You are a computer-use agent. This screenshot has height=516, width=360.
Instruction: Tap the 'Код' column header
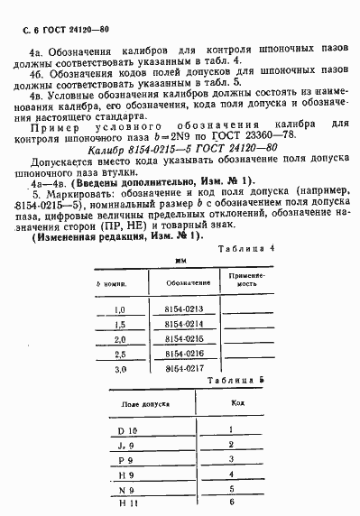click(232, 402)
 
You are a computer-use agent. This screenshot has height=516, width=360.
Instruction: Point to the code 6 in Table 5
click(232, 501)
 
